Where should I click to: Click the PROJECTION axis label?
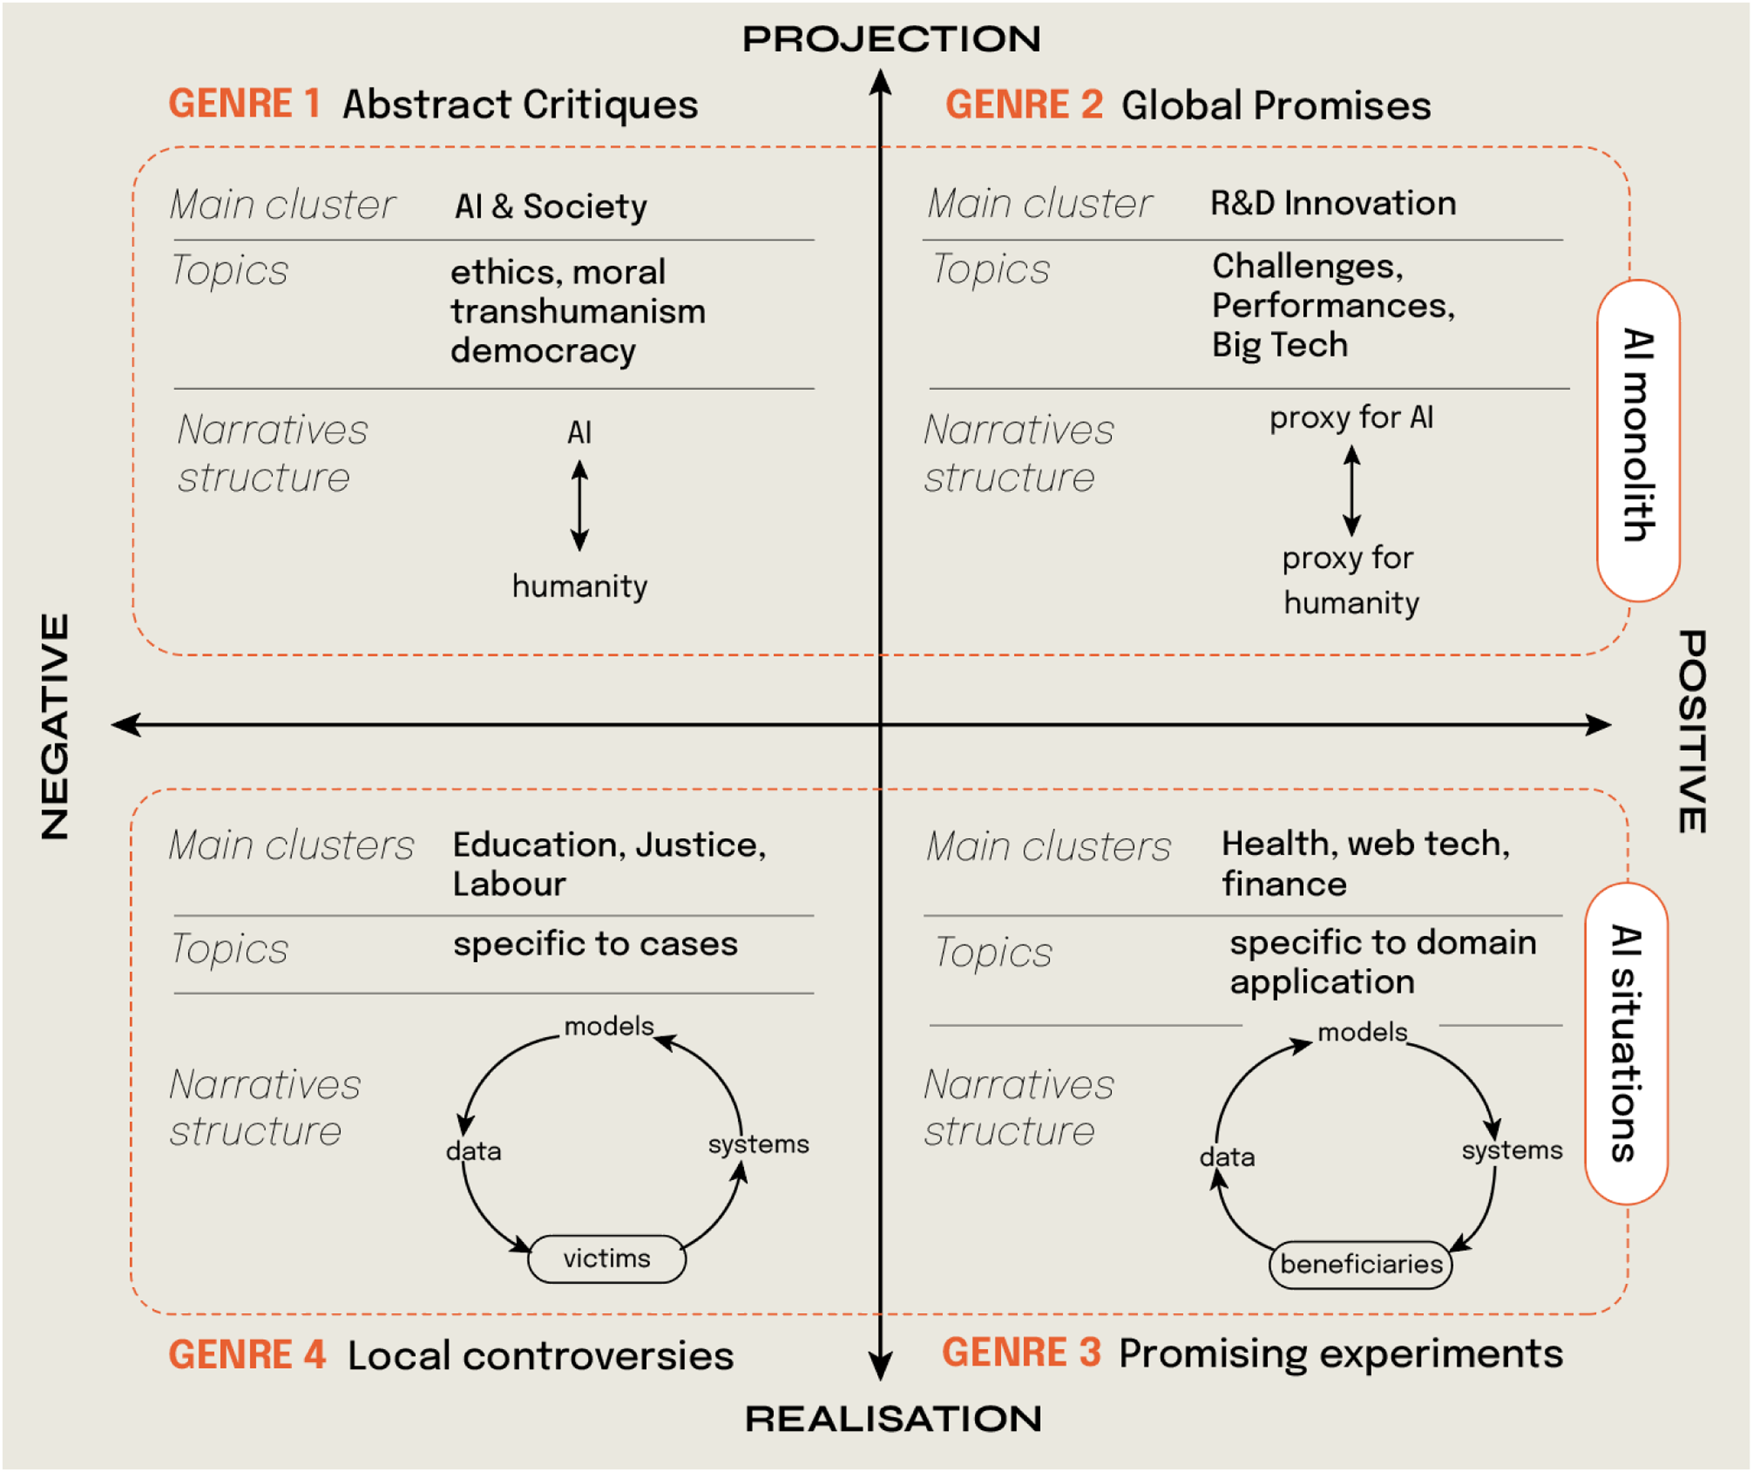pos(891,39)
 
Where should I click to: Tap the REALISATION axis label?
pos(893,1420)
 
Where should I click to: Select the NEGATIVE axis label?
pos(55,726)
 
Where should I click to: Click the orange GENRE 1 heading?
pos(245,104)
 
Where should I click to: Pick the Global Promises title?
pos(1275,106)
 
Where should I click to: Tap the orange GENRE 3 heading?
pos(1021,1353)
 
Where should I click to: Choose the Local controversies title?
pos(540,1356)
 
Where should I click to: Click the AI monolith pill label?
pos(1638,436)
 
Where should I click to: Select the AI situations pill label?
pos(1626,1044)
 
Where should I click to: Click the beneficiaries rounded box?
pos(1361,1264)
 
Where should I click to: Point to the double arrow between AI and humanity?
pos(579,506)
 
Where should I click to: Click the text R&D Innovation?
pos(1333,204)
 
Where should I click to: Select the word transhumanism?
pos(578,312)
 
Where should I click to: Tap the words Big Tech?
pos(1280,345)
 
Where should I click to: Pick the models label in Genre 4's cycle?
pos(609,1026)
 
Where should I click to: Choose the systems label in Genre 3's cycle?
pos(1512,1151)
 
